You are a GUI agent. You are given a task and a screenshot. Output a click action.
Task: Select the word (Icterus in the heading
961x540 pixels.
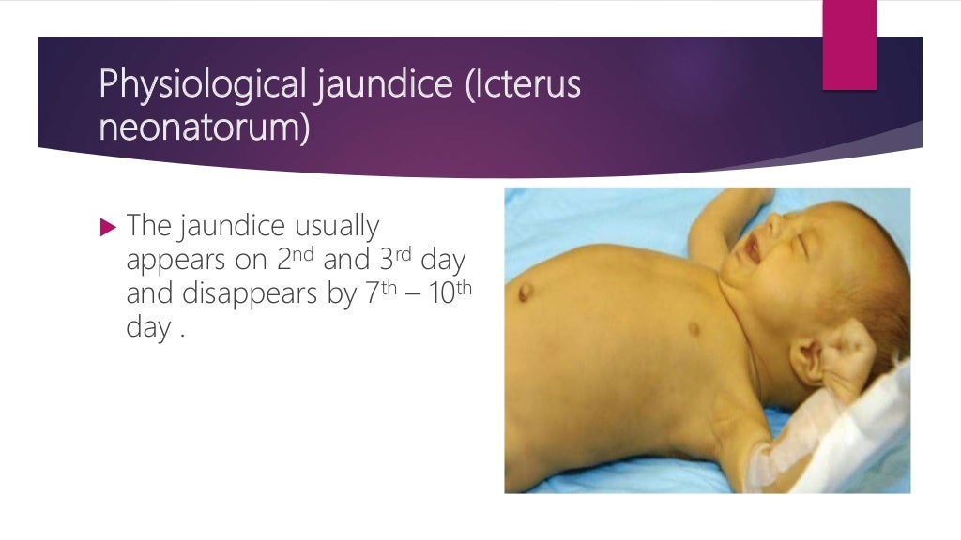pos(520,85)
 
